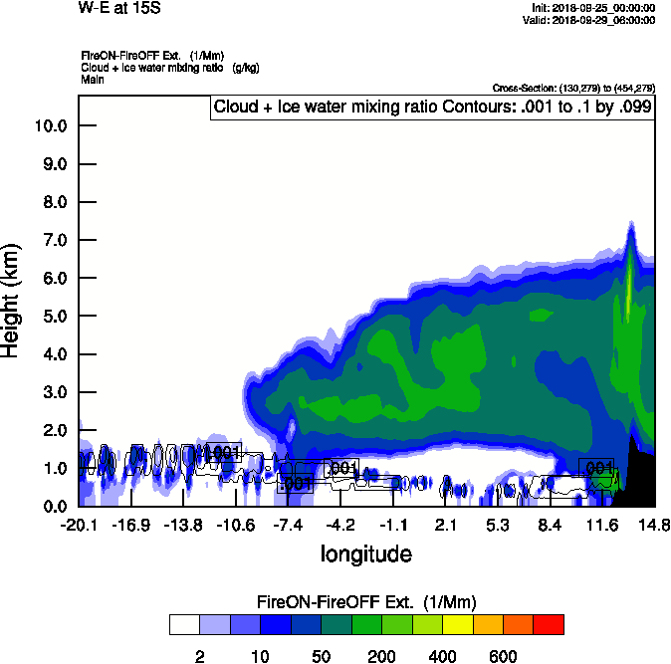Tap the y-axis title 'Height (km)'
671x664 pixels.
[x=12, y=300]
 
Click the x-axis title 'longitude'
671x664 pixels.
[x=365, y=553]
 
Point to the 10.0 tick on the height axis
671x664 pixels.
[x=50, y=126]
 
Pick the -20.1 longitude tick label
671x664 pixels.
[x=79, y=525]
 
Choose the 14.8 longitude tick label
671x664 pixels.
[x=654, y=525]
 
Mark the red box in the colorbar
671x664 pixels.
[x=549, y=624]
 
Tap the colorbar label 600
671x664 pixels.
[x=503, y=656]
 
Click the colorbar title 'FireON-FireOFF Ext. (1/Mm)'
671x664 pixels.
[x=365, y=601]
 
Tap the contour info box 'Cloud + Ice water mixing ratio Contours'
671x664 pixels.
[x=432, y=108]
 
